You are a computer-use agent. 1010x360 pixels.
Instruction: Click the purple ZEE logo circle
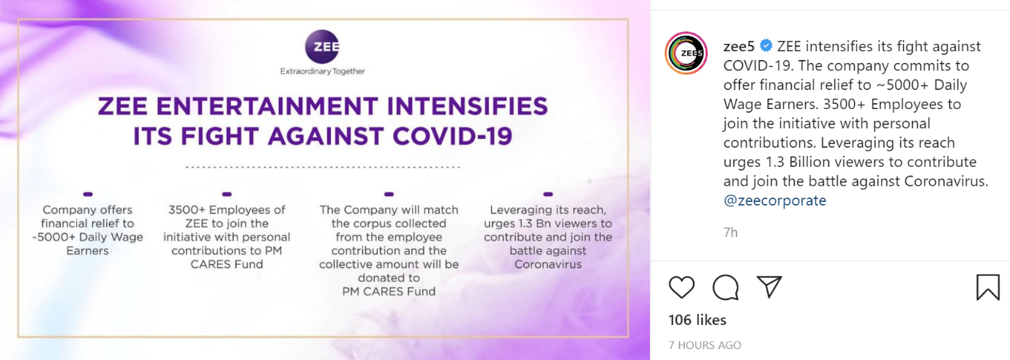click(x=322, y=46)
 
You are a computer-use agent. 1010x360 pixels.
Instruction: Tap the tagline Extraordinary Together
click(x=322, y=71)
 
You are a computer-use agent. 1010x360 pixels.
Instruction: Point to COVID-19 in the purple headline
click(x=452, y=136)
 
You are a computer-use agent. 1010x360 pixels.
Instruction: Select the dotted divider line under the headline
click(x=323, y=167)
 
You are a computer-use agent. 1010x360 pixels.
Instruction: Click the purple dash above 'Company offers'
click(x=88, y=194)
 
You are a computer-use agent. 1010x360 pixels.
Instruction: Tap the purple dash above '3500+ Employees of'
click(x=227, y=194)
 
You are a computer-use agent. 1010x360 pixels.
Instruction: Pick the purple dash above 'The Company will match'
click(x=389, y=194)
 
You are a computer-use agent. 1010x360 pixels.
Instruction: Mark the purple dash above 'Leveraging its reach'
click(x=548, y=194)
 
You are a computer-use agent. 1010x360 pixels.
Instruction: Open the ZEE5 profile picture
click(x=687, y=53)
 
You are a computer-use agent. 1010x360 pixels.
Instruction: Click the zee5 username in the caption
click(x=738, y=46)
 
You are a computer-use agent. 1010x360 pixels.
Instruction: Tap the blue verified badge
click(x=766, y=45)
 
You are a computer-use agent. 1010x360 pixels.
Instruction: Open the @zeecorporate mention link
click(x=774, y=200)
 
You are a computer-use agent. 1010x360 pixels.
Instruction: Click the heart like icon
click(x=681, y=288)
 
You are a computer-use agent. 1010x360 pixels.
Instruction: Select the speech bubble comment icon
click(x=725, y=287)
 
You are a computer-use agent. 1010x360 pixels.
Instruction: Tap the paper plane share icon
click(x=768, y=287)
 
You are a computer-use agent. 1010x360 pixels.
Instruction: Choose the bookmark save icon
click(x=988, y=287)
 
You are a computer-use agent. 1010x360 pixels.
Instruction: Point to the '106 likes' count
click(x=697, y=320)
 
